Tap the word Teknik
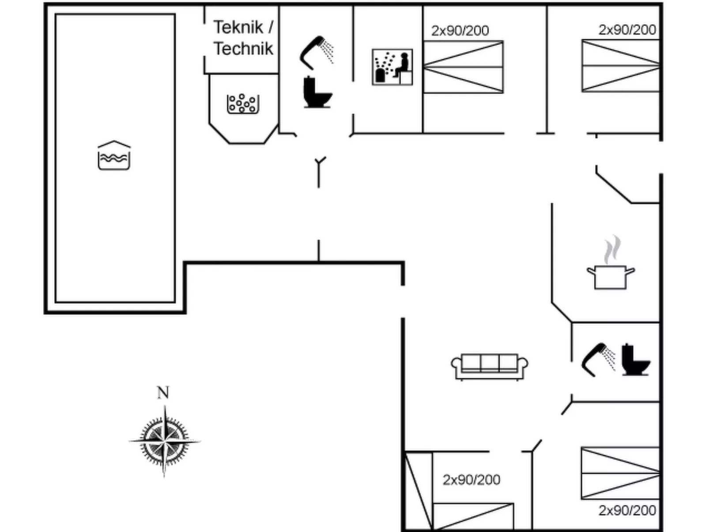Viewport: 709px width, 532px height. [238, 27]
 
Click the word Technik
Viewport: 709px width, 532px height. [243, 49]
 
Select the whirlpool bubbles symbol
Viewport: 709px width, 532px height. [242, 104]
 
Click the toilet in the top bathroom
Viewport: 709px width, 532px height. [317, 92]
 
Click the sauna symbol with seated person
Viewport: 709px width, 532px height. [392, 67]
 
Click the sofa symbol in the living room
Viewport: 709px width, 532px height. [489, 366]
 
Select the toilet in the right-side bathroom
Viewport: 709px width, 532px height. [635, 360]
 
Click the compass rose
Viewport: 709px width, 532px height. [164, 441]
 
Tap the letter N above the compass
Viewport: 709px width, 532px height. [163, 392]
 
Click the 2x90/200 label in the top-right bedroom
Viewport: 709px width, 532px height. [627, 30]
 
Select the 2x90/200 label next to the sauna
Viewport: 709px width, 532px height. [460, 30]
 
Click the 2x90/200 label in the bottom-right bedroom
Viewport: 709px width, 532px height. [627, 510]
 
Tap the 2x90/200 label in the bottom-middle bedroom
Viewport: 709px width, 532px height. [471, 480]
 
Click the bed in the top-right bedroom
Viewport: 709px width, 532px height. [620, 66]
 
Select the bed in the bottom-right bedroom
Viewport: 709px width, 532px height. [620, 473]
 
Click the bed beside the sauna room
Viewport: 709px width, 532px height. [463, 67]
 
